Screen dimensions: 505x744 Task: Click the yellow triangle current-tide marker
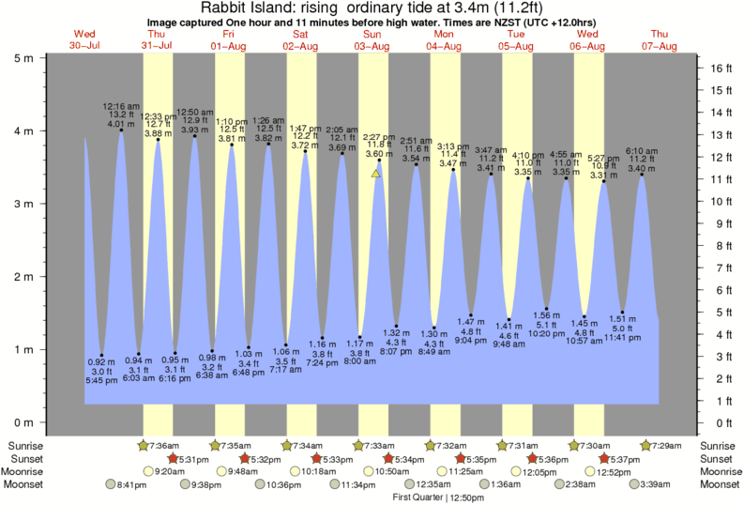[x=375, y=173]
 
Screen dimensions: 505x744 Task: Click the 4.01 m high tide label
[x=121, y=123]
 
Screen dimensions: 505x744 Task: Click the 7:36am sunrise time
[x=164, y=445]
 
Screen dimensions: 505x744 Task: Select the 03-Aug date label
[x=372, y=45]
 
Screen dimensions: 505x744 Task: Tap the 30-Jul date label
[x=85, y=45]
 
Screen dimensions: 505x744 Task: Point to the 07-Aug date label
[x=660, y=45]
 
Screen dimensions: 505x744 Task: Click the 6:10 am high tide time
[x=642, y=150]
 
